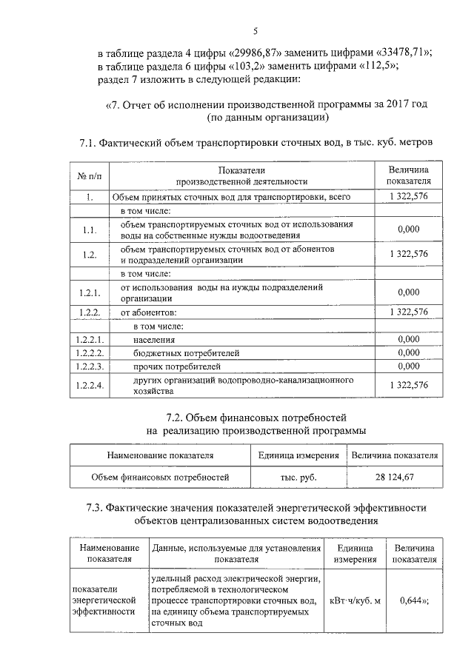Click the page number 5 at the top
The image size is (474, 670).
pos(255,31)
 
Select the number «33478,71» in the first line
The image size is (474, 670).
pos(402,53)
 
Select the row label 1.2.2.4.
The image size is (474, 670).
pos(88,385)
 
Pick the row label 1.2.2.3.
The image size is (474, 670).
pos(88,366)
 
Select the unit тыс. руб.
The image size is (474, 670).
pos(298,478)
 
